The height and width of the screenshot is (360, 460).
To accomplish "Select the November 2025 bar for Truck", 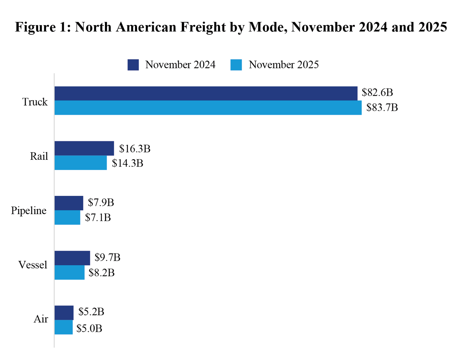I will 208,108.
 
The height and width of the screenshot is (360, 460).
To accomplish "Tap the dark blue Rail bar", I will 84,148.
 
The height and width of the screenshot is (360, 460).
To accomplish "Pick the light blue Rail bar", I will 80,163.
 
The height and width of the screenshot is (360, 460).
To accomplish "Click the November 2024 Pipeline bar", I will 69,203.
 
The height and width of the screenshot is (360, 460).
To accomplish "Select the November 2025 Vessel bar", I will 69,273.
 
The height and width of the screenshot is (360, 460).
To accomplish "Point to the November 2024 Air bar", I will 64,313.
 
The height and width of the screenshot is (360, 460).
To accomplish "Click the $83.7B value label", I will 382,108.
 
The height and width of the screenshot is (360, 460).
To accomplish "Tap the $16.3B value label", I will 135,149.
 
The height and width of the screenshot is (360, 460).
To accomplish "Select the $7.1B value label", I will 98,217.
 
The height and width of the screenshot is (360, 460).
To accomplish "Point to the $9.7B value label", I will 108,257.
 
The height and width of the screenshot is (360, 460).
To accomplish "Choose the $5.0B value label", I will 89,328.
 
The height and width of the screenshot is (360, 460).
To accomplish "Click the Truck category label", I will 35,102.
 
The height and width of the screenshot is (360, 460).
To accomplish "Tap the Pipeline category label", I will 29,210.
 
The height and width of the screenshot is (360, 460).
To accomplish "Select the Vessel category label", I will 33,265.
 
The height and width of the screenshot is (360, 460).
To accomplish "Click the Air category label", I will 41,319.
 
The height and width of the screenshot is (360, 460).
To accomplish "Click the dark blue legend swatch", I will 133,65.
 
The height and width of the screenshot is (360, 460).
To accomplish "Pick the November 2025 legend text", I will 284,65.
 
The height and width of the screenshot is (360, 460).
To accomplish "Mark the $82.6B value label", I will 377,92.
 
